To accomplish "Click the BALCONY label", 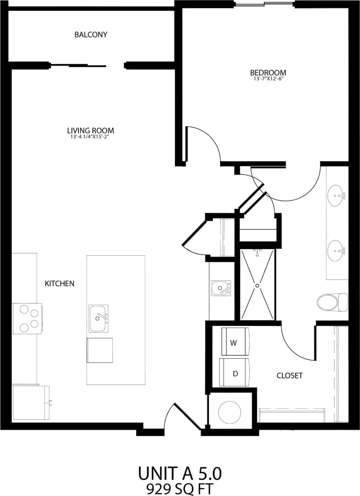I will (x=91, y=34).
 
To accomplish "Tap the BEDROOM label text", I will (x=269, y=72).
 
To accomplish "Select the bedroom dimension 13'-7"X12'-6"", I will (x=269, y=78).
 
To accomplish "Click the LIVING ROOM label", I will (x=90, y=130).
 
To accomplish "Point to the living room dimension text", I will (x=90, y=136).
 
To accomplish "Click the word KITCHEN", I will (x=59, y=284).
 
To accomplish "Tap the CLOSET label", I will (x=289, y=376).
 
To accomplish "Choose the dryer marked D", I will (x=235, y=372).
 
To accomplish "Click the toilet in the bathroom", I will (x=331, y=302).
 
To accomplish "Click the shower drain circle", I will (x=257, y=286).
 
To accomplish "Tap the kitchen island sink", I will (x=98, y=318).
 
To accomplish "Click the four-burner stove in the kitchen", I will (x=27, y=318).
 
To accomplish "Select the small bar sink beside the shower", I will (x=221, y=288).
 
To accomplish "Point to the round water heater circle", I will (x=230, y=412).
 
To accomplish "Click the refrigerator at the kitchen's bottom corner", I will (x=30, y=403).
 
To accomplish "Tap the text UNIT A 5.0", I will (x=180, y=473).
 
